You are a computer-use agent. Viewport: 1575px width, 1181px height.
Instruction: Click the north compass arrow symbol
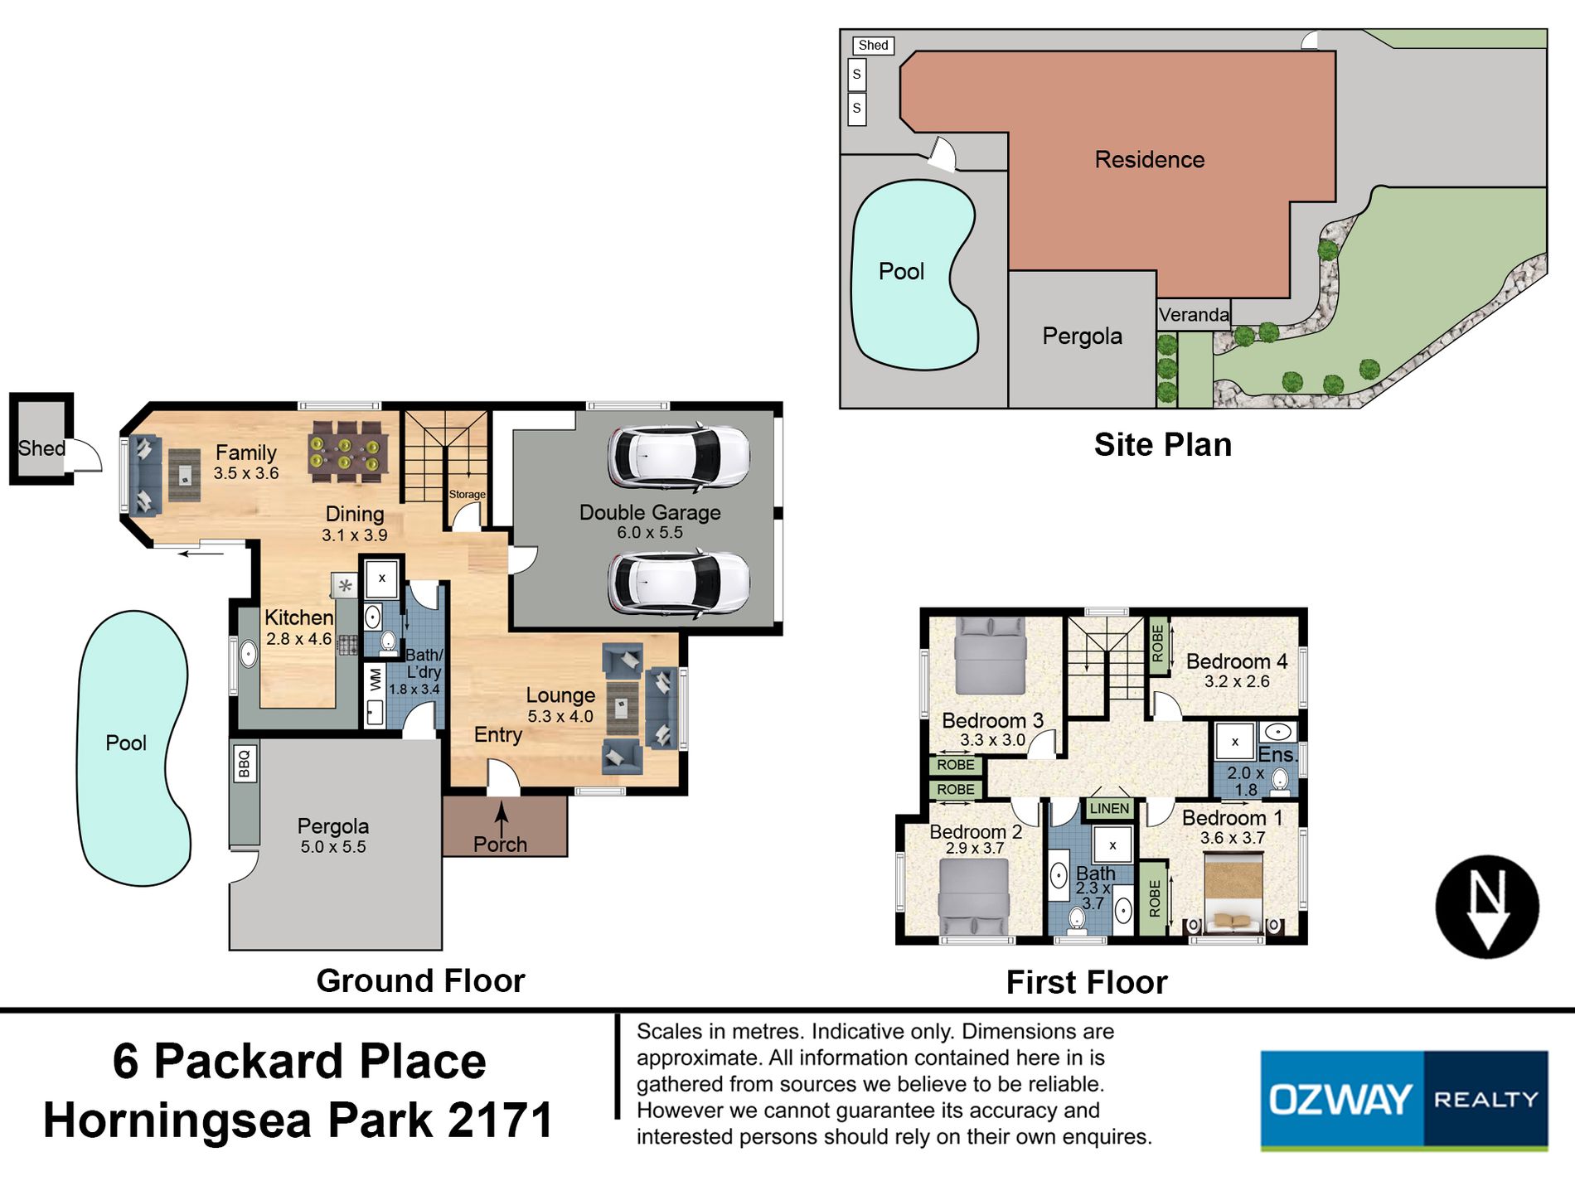(1487, 907)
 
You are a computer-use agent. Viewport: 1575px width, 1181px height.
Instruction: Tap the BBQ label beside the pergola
(244, 763)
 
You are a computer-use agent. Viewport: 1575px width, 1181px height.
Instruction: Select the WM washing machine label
(376, 680)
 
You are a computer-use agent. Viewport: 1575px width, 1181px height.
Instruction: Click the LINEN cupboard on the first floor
(1109, 809)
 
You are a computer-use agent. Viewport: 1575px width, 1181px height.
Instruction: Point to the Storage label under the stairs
(467, 494)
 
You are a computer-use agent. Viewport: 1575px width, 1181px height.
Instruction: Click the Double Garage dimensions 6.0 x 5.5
(650, 533)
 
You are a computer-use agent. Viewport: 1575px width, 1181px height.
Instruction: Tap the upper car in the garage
(678, 457)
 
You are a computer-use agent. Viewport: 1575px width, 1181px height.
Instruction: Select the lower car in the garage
(678, 582)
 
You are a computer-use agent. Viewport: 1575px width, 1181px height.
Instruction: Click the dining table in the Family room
(348, 452)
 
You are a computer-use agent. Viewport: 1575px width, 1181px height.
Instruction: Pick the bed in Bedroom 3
(991, 655)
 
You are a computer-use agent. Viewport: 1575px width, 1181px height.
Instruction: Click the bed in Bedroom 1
(1233, 895)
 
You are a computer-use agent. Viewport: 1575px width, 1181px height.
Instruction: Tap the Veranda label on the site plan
(1194, 315)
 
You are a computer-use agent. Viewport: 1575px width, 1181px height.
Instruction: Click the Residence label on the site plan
(1150, 159)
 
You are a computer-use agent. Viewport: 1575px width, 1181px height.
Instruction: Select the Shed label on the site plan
(873, 46)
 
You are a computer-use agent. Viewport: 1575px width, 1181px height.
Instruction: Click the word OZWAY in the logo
(1340, 1100)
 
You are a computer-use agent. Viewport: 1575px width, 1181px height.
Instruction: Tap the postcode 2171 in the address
(500, 1120)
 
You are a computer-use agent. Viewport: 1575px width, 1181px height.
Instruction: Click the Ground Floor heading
(420, 980)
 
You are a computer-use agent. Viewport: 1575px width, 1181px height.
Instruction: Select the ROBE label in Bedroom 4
(1158, 644)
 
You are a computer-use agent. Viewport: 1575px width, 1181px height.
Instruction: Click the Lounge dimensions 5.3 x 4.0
(560, 716)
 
